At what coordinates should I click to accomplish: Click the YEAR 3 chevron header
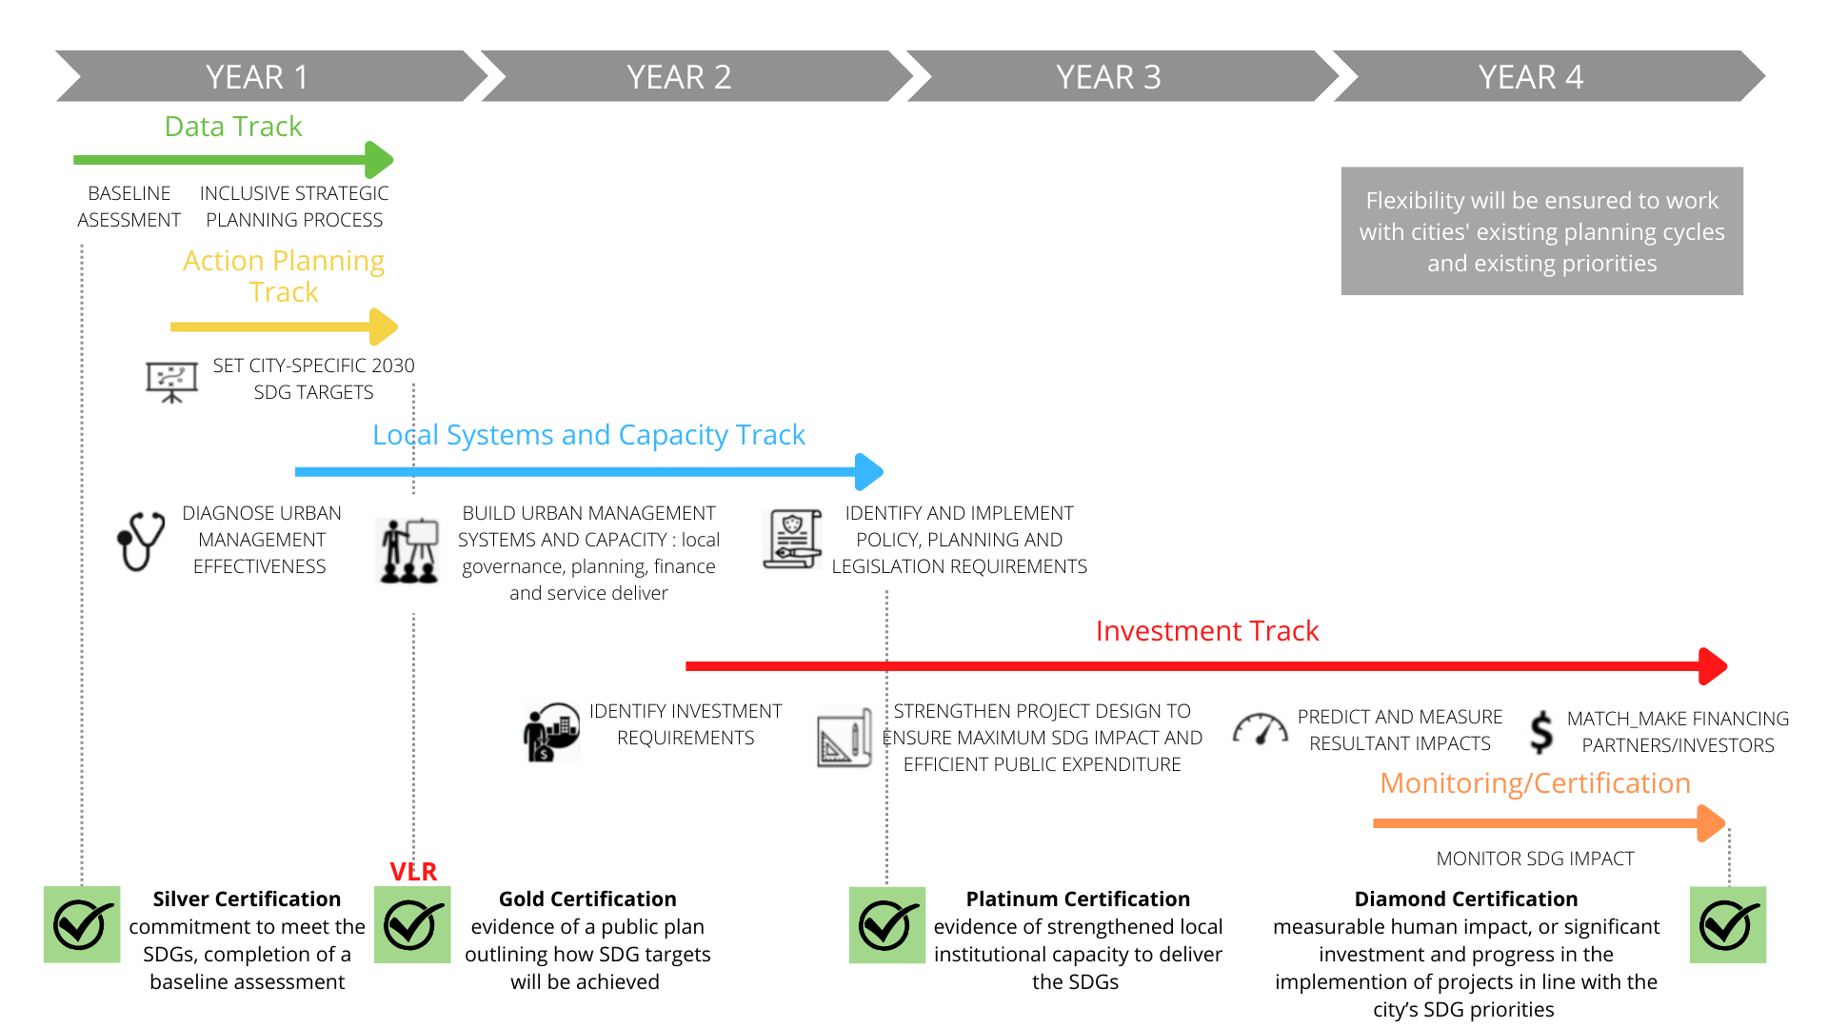point(1108,76)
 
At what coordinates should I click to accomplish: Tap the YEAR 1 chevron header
point(257,76)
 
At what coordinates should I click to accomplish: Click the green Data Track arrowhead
point(379,160)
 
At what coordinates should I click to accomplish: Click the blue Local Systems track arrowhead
point(869,471)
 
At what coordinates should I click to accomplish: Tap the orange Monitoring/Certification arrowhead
point(1711,823)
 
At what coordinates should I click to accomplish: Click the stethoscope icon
point(141,541)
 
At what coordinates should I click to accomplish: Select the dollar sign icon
point(1541,732)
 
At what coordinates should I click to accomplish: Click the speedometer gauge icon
point(1260,729)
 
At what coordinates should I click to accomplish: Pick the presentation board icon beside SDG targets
point(171,382)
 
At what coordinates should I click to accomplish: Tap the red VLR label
point(413,871)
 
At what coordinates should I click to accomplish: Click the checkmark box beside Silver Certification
point(82,924)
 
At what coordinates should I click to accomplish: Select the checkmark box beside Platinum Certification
point(886,925)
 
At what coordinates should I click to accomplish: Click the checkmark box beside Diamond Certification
point(1727,925)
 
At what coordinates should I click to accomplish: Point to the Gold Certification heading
point(587,899)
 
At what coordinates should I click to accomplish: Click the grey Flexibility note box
point(1541,231)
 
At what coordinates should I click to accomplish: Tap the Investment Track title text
point(1206,630)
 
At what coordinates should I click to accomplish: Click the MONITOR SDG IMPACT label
point(1535,859)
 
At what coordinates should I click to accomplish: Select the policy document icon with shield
point(792,539)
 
